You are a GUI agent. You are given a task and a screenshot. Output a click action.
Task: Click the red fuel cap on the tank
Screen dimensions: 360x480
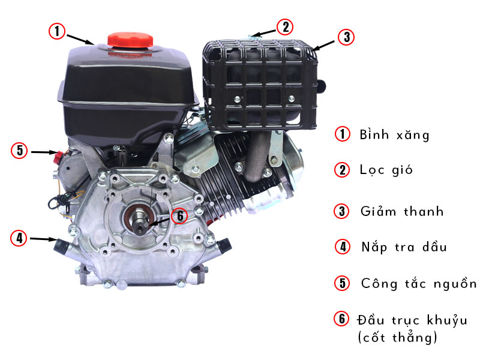point(127,38)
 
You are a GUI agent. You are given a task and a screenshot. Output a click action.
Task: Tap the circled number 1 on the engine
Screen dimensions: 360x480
point(56,31)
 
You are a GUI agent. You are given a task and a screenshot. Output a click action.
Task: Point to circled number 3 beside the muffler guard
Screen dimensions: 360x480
point(345,36)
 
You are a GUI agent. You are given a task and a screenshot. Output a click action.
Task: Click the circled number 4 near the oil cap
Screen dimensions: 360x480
point(19,238)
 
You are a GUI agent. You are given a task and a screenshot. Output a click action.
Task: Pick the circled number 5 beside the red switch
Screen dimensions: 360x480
point(19,150)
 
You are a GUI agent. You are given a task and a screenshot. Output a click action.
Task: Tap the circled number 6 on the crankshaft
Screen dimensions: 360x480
point(179,215)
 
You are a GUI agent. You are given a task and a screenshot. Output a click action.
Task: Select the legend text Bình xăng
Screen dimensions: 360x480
point(394,134)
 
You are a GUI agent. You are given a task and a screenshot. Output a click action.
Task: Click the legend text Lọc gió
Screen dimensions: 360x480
point(386,170)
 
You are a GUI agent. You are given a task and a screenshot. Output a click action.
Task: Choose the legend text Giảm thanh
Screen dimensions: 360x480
point(402,211)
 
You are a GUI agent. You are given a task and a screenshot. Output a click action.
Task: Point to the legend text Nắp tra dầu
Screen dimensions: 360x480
point(404,247)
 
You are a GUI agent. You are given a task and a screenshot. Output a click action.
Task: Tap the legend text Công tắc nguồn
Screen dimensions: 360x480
point(419,283)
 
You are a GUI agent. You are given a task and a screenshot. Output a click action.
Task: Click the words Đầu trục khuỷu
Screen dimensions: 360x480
point(412,319)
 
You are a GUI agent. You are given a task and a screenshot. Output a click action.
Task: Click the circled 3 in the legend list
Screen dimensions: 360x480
point(342,211)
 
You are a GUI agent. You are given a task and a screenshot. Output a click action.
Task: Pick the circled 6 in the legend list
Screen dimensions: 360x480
point(342,319)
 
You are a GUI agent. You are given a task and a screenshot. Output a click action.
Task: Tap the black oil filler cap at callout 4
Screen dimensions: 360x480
point(61,245)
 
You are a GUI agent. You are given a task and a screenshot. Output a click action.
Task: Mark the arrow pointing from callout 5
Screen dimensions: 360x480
point(43,152)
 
